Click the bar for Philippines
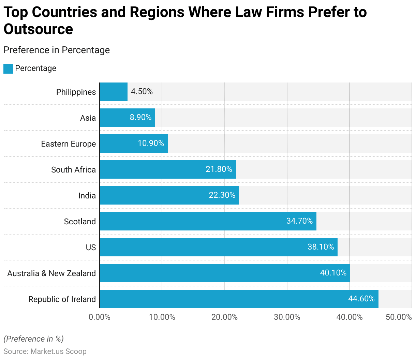click(x=114, y=92)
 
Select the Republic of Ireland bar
click(x=239, y=299)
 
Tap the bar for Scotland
click(x=208, y=221)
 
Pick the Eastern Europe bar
click(x=134, y=144)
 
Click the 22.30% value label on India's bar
click(x=222, y=195)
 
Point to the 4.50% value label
click(x=142, y=91)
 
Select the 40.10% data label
click(x=333, y=273)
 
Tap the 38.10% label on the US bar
click(x=321, y=247)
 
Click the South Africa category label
click(x=73, y=170)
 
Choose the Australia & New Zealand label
click(x=51, y=273)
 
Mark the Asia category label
click(x=88, y=118)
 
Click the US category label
click(x=91, y=247)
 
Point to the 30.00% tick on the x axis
click(x=287, y=317)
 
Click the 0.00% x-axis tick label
click(x=100, y=317)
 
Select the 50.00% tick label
click(x=399, y=317)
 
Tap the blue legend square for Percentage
click(x=8, y=69)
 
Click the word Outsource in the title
click(x=38, y=29)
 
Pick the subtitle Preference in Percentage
click(x=57, y=50)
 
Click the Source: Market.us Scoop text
click(x=45, y=351)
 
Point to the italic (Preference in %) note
click(x=33, y=339)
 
